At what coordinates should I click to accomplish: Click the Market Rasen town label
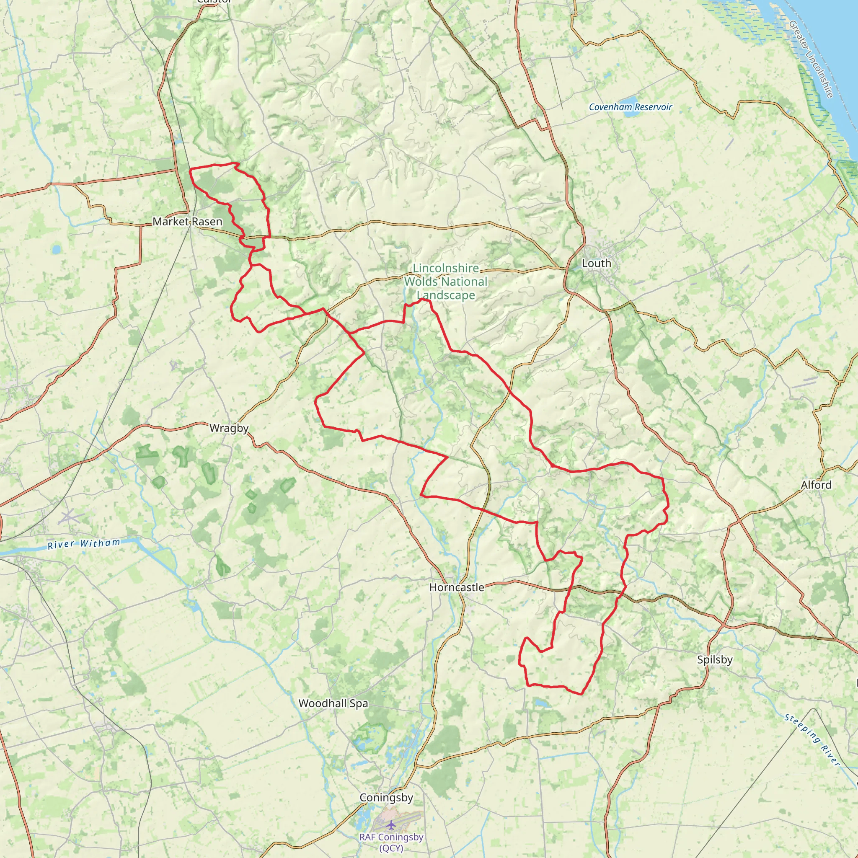pos(187,221)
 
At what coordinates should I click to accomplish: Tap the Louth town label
pos(597,264)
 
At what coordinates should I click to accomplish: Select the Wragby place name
pos(229,428)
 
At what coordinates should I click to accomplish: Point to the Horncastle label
pos(457,587)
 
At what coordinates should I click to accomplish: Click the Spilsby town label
pos(715,659)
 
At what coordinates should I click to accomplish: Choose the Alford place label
pos(816,485)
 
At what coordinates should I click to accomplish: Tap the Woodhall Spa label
pos(333,703)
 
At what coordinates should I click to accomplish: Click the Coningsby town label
pos(386,797)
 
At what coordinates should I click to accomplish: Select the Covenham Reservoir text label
pos(630,107)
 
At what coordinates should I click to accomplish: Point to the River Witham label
pos(84,543)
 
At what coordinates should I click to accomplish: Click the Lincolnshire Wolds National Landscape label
pos(445,282)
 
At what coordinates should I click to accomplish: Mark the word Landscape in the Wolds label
pos(446,295)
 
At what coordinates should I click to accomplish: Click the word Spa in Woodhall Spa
pos(359,703)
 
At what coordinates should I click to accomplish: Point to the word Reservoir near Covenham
pos(653,107)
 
